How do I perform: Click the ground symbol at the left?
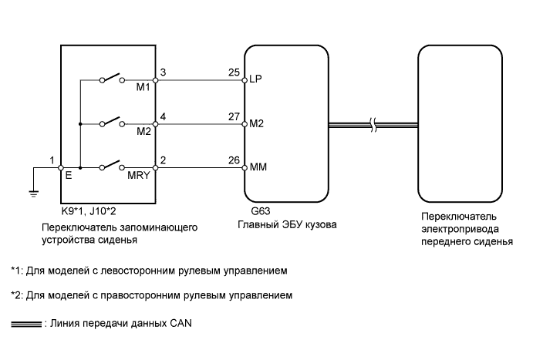(x=33, y=194)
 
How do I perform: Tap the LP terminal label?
(x=255, y=79)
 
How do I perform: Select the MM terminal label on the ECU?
(x=258, y=167)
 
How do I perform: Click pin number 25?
(x=234, y=72)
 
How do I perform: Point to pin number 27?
(x=234, y=116)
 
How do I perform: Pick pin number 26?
(x=234, y=160)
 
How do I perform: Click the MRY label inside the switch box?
(x=138, y=175)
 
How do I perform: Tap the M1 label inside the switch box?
(x=143, y=87)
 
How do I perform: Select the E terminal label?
(x=69, y=175)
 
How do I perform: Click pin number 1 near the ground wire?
(x=52, y=160)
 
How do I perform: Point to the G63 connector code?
(x=261, y=211)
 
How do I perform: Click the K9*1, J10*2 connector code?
(x=89, y=211)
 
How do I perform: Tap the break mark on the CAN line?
(x=373, y=125)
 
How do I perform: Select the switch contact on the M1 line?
(x=112, y=78)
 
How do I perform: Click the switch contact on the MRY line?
(x=112, y=166)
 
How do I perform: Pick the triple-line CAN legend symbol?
(x=26, y=324)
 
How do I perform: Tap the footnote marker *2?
(x=17, y=294)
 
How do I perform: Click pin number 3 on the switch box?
(x=163, y=72)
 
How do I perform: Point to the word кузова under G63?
(x=321, y=225)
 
